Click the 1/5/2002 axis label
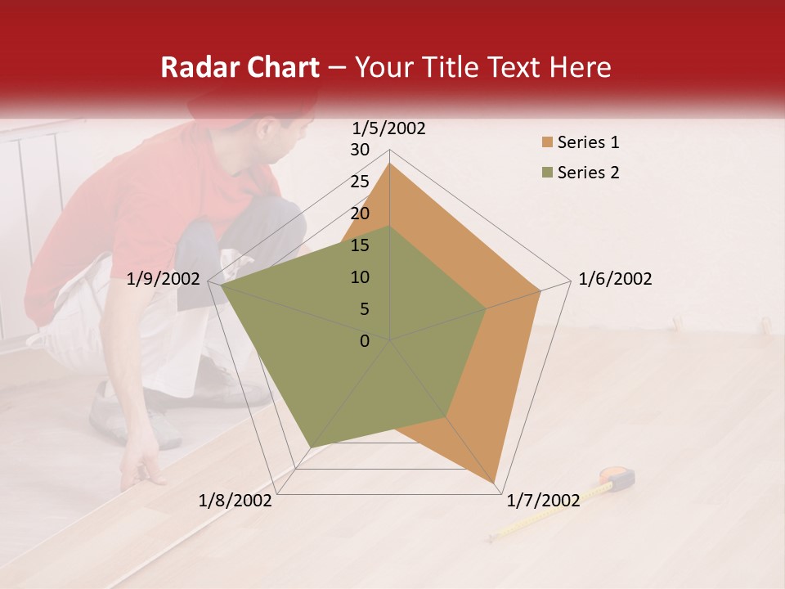[x=389, y=128]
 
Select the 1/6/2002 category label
[x=615, y=279]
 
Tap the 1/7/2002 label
[x=543, y=500]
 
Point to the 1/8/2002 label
[x=235, y=500]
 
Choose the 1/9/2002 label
[x=164, y=279]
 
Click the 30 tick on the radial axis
[x=360, y=150]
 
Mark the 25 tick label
[x=360, y=182]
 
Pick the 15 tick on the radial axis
[x=360, y=245]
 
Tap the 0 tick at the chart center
[x=365, y=340]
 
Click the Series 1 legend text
[x=588, y=142]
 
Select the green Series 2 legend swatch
[x=546, y=173]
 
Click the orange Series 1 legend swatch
[x=546, y=143]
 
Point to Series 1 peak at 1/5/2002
[x=389, y=164]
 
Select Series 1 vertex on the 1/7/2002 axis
[x=496, y=483]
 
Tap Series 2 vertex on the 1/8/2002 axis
[x=309, y=447]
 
